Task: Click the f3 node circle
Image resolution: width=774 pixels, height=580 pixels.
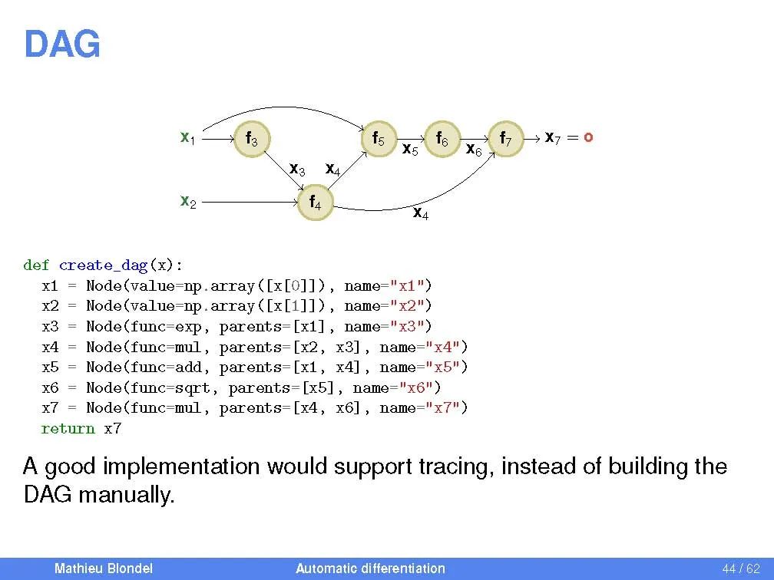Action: click(x=251, y=140)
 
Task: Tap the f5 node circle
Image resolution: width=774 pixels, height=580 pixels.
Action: click(x=379, y=140)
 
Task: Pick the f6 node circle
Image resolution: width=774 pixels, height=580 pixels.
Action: click(x=442, y=140)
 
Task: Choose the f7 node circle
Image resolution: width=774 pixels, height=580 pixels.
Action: click(x=507, y=140)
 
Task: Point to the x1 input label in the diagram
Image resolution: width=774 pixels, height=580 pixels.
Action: click(x=187, y=138)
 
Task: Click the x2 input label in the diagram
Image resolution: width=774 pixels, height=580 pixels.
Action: click(x=187, y=202)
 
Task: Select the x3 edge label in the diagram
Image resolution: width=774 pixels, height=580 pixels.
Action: click(x=296, y=169)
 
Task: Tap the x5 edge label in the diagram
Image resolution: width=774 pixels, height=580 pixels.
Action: click(x=410, y=151)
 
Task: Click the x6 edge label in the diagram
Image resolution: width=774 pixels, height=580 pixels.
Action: click(x=474, y=151)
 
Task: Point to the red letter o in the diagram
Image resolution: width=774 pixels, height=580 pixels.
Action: click(x=587, y=138)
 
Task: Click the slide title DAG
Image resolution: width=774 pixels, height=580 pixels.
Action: click(x=61, y=44)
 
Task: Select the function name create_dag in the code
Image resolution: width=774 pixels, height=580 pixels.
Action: click(x=103, y=265)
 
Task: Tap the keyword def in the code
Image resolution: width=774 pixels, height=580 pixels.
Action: click(x=36, y=265)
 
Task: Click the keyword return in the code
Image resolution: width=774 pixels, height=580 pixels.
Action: click(x=68, y=428)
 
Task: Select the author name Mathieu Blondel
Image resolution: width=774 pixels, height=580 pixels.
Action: click(x=103, y=568)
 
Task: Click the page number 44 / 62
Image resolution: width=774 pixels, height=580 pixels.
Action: click(x=740, y=568)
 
